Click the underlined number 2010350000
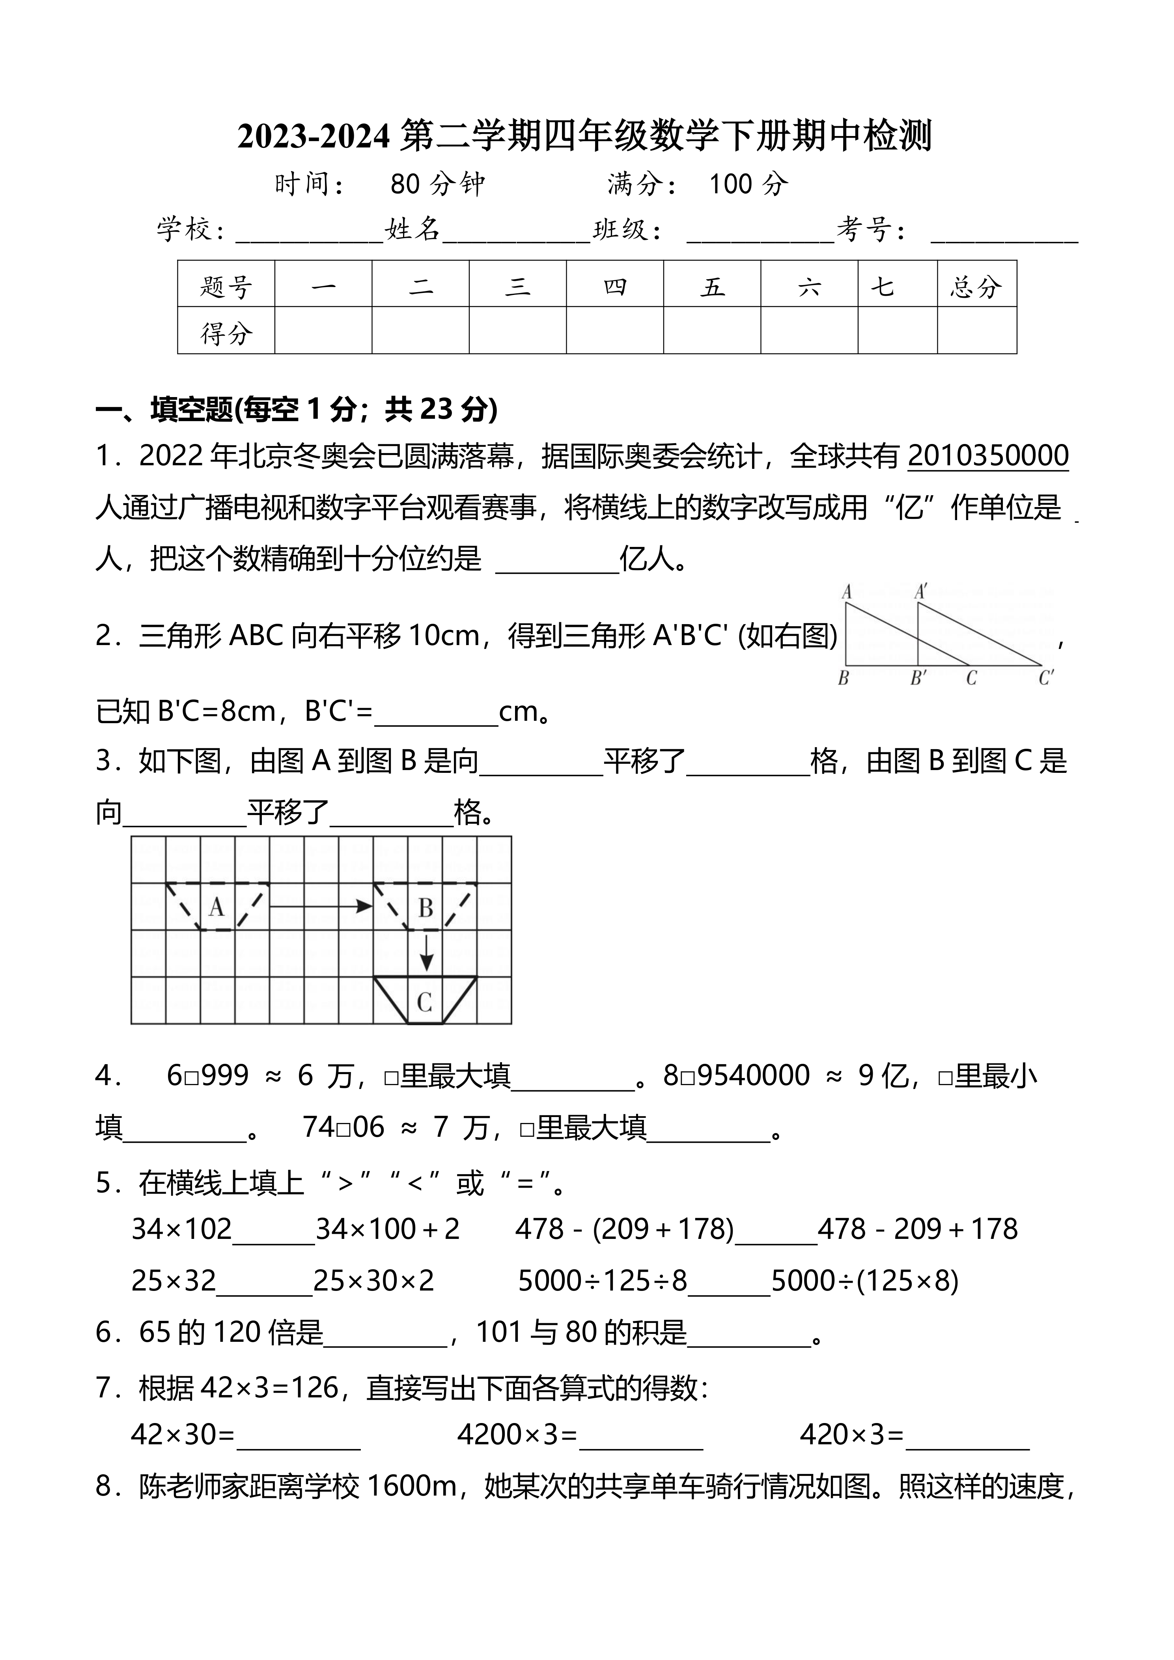(987, 456)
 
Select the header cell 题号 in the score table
(226, 287)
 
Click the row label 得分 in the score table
(226, 333)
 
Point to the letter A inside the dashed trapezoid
(216, 906)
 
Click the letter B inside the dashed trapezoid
(426, 908)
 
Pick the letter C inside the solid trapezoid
(424, 1002)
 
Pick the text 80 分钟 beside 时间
(437, 185)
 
